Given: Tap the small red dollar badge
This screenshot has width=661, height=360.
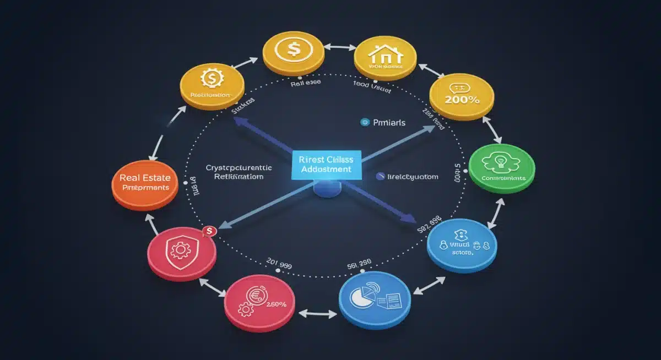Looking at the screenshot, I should [209, 232].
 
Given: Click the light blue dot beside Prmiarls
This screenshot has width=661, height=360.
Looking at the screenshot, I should [363, 123].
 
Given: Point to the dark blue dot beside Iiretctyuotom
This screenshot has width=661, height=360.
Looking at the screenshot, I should [380, 176].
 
